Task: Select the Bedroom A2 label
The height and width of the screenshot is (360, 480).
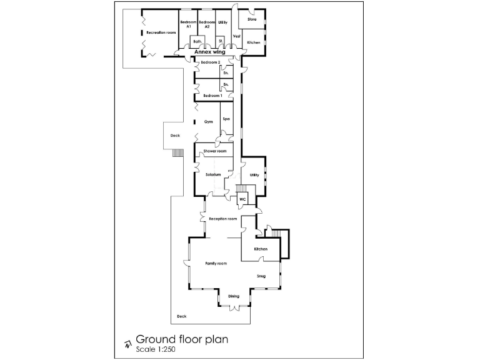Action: (x=207, y=24)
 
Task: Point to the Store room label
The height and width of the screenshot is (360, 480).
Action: (x=252, y=19)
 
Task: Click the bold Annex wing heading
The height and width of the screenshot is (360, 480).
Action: (x=210, y=52)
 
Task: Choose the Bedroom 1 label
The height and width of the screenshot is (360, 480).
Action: (x=212, y=96)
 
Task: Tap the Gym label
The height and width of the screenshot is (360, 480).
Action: (x=209, y=121)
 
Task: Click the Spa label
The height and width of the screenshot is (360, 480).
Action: (x=227, y=119)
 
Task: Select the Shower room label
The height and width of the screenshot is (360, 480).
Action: (x=214, y=151)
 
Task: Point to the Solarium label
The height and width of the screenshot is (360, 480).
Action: (x=214, y=174)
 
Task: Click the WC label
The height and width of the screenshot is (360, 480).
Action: (x=242, y=199)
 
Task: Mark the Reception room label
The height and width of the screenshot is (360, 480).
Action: (x=223, y=219)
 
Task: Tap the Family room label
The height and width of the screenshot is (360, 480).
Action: (x=216, y=264)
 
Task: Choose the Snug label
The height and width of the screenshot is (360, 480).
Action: (x=261, y=275)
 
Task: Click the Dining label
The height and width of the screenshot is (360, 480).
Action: (x=233, y=296)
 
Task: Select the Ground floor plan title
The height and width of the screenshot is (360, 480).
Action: (x=182, y=339)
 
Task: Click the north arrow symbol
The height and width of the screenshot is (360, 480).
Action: (x=127, y=343)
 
